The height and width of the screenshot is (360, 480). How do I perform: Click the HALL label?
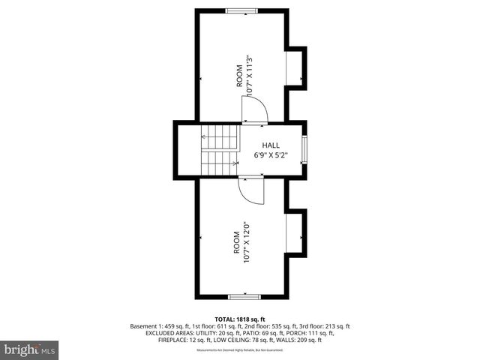[271, 145]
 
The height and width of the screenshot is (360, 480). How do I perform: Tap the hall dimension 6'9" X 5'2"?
[271, 156]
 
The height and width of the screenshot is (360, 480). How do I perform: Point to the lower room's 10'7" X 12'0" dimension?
[245, 242]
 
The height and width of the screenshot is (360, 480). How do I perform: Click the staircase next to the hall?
[218, 149]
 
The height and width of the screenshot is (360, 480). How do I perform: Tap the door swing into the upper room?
[255, 112]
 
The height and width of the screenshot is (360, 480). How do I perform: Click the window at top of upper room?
[240, 10]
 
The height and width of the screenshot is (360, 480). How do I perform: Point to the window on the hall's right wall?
[304, 150]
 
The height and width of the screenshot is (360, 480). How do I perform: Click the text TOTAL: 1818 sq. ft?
[239, 319]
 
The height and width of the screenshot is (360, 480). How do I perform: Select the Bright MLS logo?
[30, 349]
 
